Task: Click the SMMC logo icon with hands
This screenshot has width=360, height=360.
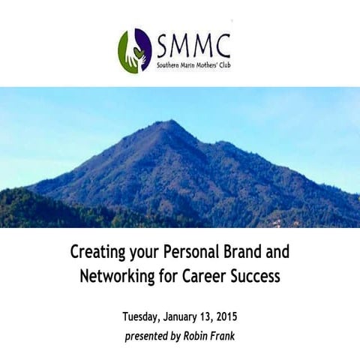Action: click(135, 50)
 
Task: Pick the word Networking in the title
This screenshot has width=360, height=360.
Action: click(116, 276)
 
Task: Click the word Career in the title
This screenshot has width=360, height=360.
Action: click(208, 276)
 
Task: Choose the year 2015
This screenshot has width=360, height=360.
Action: click(232, 315)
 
